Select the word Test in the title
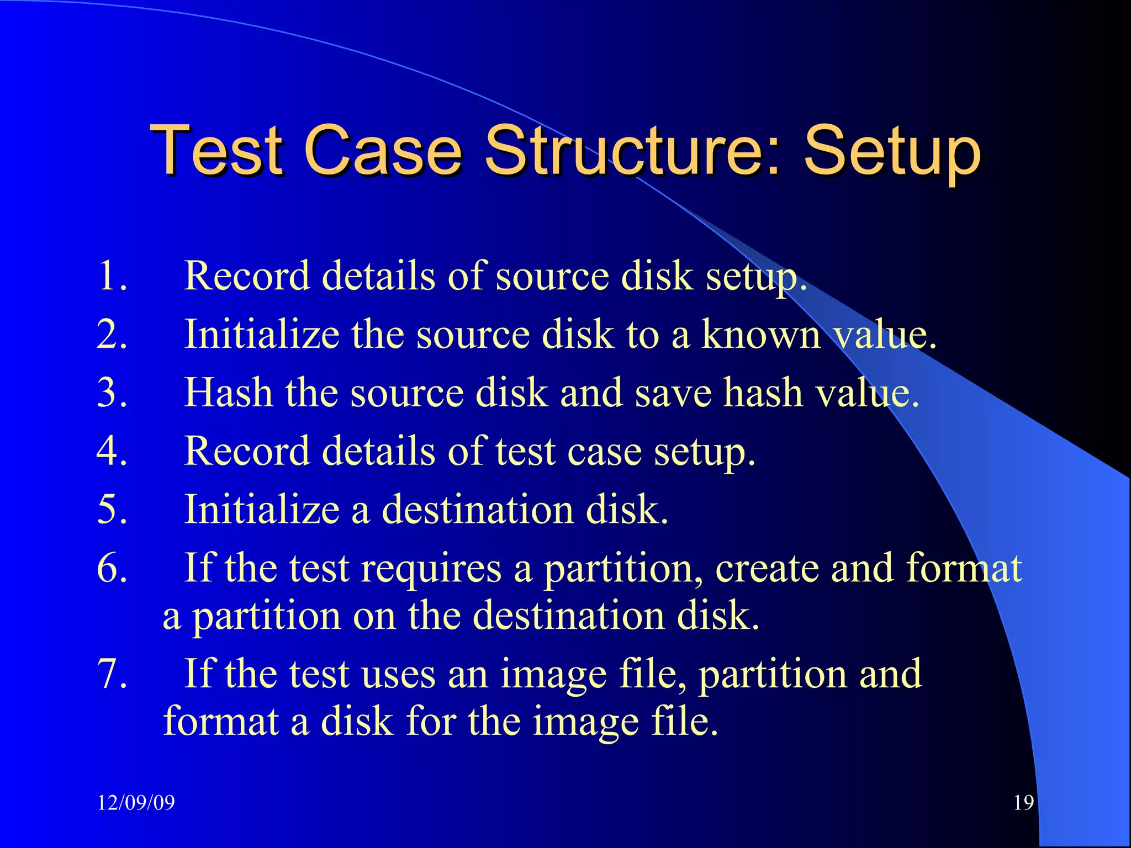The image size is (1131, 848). (x=216, y=150)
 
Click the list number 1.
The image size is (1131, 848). (x=112, y=275)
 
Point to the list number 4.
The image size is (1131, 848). (x=112, y=451)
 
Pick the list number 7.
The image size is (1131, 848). (x=112, y=674)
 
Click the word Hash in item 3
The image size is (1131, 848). (x=228, y=393)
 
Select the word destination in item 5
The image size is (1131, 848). (x=478, y=509)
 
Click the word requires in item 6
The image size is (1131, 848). (x=431, y=568)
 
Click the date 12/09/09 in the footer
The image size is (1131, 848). (x=136, y=802)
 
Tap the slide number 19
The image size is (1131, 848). (x=1023, y=802)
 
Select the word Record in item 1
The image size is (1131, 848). (x=246, y=275)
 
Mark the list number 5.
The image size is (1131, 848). (x=112, y=509)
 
